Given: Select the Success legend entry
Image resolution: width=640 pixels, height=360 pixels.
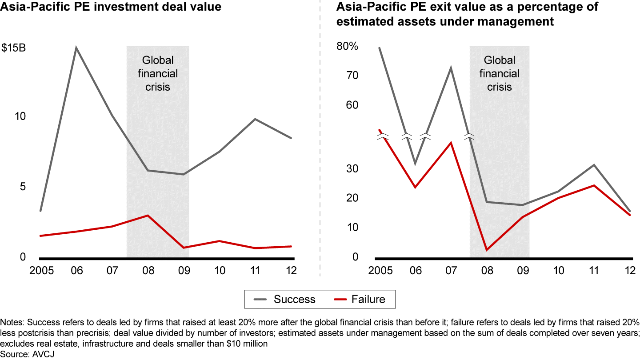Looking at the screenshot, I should click(294, 299).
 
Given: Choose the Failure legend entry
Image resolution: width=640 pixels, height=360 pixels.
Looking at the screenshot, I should click(368, 299).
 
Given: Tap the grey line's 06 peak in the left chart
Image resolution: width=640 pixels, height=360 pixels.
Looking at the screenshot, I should click(76, 48).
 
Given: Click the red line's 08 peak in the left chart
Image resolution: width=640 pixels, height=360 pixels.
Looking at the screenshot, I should click(148, 216).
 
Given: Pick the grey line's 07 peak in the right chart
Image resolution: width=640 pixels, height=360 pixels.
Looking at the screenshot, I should click(451, 68).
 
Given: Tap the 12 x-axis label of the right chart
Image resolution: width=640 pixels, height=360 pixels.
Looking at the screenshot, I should click(629, 271).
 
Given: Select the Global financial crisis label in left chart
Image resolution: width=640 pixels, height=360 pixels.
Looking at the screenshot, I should click(158, 73).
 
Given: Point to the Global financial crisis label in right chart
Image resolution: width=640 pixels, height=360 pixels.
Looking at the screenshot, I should click(500, 73).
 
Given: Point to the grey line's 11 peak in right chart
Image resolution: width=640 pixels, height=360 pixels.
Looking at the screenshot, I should click(594, 165).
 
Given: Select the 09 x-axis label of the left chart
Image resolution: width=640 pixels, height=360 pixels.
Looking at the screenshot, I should click(183, 271).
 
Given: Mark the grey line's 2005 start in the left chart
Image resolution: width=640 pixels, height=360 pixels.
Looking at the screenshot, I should click(40, 211).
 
